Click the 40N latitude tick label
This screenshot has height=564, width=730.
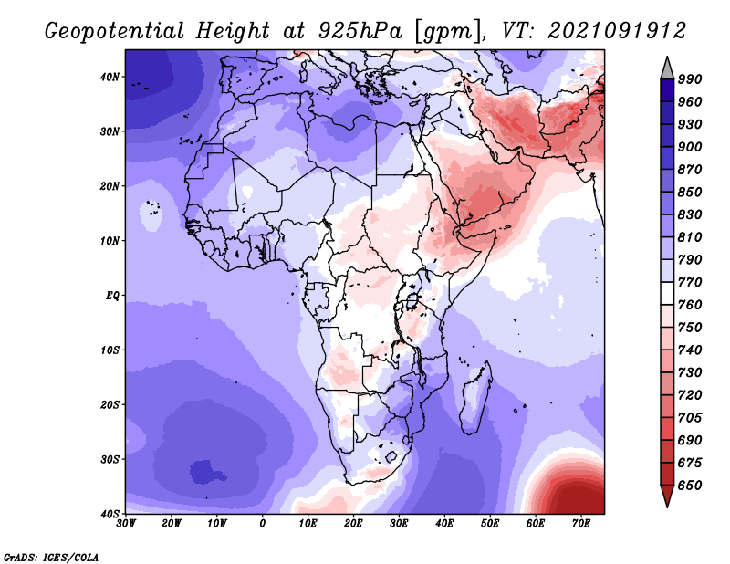tap(109, 77)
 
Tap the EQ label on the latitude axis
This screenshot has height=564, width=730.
tap(112, 296)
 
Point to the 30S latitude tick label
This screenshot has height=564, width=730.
tap(109, 460)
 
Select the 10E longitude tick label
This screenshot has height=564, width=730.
tap(308, 524)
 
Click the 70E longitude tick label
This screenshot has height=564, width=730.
tap(581, 524)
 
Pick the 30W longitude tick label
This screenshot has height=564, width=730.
tap(126, 524)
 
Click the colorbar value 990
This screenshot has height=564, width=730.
tap(690, 79)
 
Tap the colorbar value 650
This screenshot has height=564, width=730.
tap(690, 486)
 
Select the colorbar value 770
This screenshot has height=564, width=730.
tap(690, 282)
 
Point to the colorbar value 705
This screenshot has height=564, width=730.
tap(690, 418)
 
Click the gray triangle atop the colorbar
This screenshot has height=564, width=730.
tap(667, 69)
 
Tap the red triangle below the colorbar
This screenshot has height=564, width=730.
tap(667, 496)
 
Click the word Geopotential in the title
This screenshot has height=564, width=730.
tap(115, 31)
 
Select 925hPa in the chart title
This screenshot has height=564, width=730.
tap(360, 31)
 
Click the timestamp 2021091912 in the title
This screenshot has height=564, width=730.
tap(617, 31)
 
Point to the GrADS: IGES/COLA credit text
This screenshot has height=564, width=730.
tap(51, 558)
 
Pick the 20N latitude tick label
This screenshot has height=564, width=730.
tap(109, 186)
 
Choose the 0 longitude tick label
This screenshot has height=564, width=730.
tap(263, 524)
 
